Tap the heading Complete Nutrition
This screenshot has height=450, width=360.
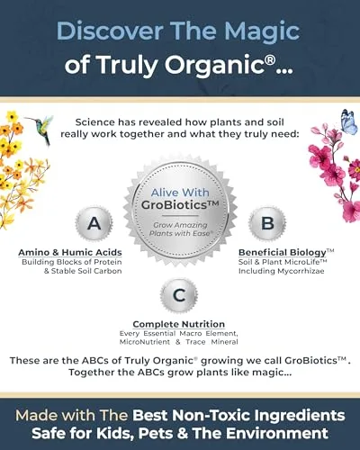click(x=179, y=324)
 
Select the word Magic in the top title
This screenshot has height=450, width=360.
click(x=282, y=31)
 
